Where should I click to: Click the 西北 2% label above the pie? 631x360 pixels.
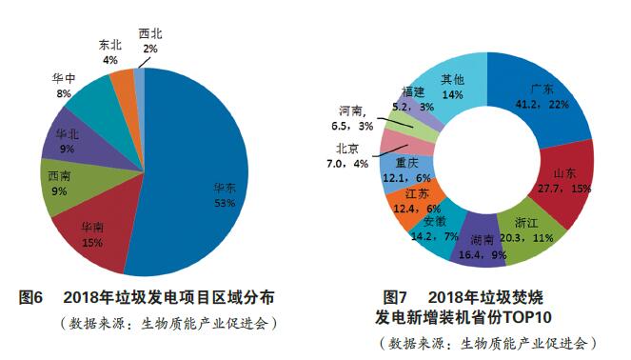(149, 40)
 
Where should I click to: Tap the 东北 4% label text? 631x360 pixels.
(110, 52)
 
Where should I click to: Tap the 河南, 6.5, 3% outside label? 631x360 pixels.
(355, 116)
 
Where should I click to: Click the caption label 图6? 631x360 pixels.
(31, 297)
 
